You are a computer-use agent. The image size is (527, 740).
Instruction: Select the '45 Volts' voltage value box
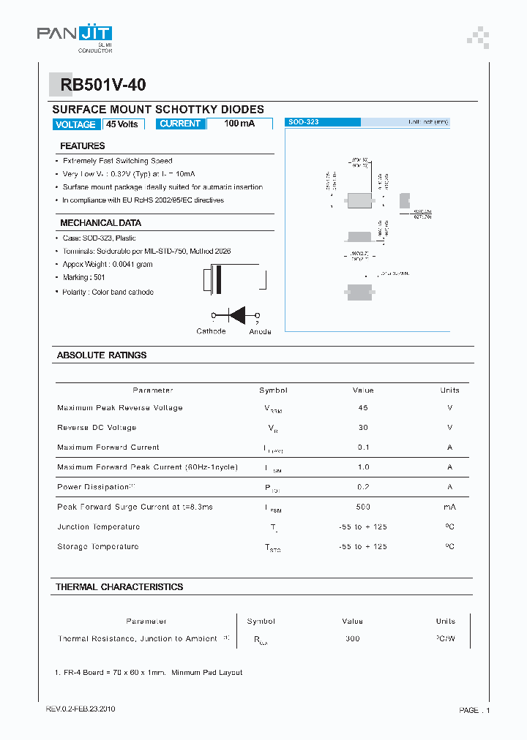point(122,124)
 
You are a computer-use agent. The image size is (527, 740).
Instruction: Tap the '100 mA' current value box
point(239,124)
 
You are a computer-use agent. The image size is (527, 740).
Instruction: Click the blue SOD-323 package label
point(304,122)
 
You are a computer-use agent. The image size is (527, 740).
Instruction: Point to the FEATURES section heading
point(82,146)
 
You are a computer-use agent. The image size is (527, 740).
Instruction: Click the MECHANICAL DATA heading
point(100,223)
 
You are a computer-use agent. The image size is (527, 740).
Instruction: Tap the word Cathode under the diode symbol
point(211,331)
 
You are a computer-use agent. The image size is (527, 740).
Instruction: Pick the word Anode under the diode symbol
point(260,332)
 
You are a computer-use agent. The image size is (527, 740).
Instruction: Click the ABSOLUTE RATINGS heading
point(102,355)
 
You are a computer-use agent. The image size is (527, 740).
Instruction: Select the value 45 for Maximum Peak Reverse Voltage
point(363,408)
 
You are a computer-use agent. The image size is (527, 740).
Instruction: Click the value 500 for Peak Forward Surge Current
point(363,507)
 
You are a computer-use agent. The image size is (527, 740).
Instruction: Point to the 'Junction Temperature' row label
point(98,526)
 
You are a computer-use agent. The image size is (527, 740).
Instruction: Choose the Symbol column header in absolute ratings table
point(273,390)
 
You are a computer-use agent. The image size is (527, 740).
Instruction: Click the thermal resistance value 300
point(353,639)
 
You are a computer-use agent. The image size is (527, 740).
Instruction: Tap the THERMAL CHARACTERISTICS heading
point(119,587)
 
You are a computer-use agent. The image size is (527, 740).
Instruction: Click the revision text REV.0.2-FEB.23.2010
point(81,709)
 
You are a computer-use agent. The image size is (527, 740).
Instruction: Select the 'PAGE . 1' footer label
point(474,710)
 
